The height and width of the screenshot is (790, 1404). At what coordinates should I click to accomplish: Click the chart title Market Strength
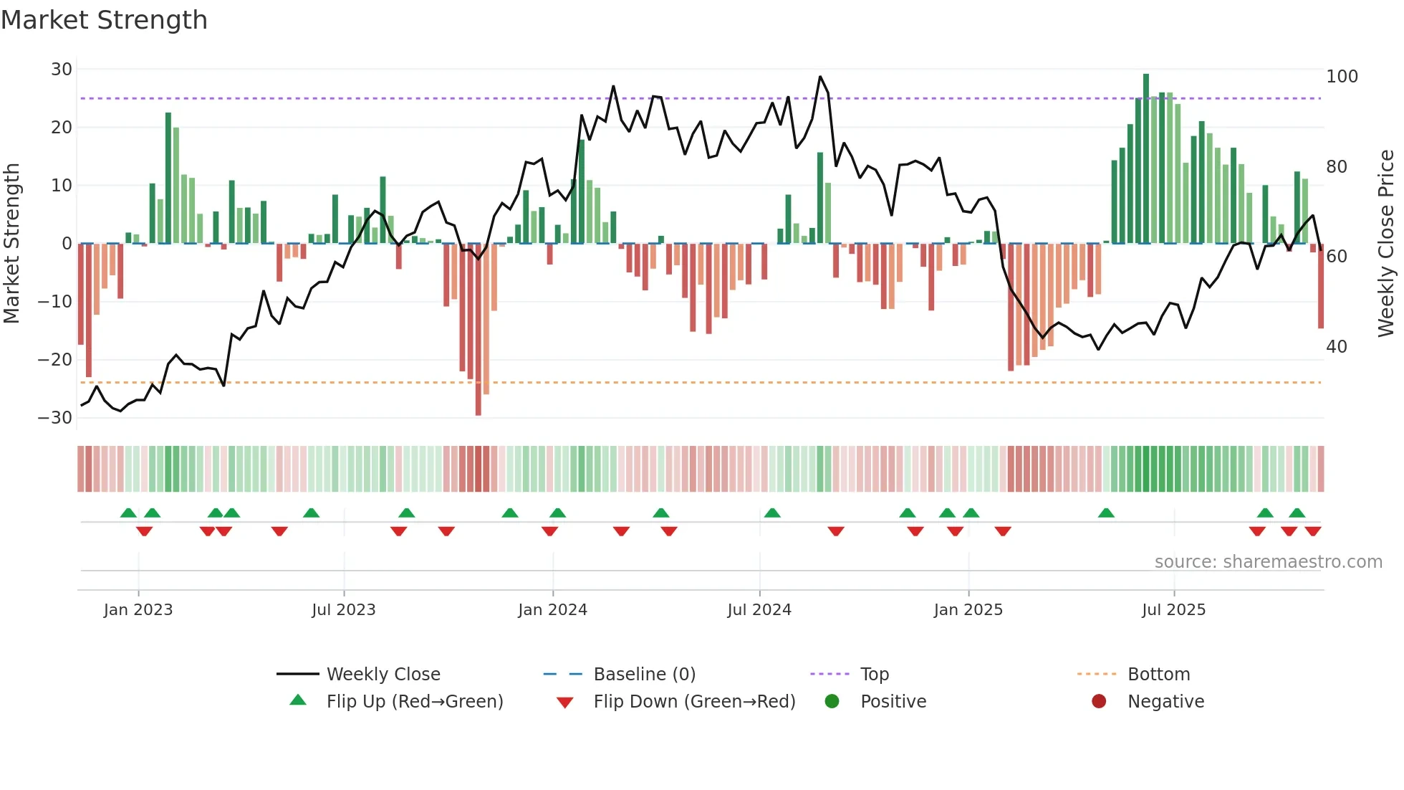[x=104, y=20]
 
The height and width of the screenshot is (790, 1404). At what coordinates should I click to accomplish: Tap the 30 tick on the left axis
[x=62, y=70]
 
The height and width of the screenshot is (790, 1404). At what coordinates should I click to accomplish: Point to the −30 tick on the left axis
[x=56, y=418]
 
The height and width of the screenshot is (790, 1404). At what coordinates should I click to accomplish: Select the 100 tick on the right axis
[x=1342, y=77]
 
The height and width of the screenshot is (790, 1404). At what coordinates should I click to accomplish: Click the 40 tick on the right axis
[x=1337, y=347]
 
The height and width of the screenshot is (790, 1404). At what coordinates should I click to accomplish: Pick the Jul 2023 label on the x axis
[x=344, y=610]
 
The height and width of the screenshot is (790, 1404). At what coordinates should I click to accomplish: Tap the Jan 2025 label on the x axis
[x=968, y=610]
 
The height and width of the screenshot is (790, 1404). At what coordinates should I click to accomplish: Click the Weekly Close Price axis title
[x=1387, y=244]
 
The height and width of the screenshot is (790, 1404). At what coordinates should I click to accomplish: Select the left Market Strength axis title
[x=11, y=244]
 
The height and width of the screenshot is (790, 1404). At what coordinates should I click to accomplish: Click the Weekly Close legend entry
[x=383, y=675]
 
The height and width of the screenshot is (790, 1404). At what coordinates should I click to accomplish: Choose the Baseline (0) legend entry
[x=645, y=675]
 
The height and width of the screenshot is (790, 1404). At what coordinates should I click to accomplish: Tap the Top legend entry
[x=875, y=675]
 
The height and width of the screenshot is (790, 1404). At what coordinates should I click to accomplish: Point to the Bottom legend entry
[x=1159, y=675]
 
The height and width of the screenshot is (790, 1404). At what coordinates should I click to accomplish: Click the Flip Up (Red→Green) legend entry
[x=415, y=702]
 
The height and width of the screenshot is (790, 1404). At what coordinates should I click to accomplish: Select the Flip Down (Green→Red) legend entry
[x=694, y=702]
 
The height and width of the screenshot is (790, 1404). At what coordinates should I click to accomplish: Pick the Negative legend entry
[x=1165, y=702]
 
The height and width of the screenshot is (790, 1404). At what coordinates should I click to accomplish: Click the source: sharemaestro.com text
[x=1269, y=562]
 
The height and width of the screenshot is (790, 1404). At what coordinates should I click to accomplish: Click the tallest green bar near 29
[x=1146, y=158]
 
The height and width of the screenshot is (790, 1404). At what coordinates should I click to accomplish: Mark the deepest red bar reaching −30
[x=479, y=330]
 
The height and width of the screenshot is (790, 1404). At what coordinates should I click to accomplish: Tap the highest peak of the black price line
[x=820, y=77]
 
